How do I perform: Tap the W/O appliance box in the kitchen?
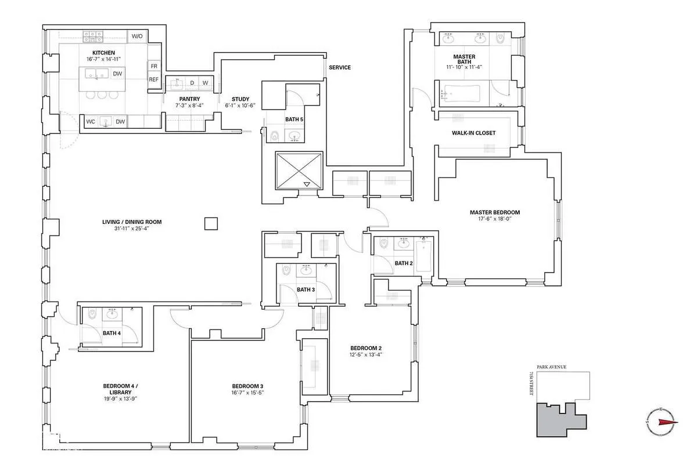point(137,36)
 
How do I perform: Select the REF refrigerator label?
point(154,79)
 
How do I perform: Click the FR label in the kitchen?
point(154,66)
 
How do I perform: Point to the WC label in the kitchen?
point(91,122)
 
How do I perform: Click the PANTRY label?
point(189,99)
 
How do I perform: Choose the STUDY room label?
point(240,99)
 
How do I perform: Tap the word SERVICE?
point(340,67)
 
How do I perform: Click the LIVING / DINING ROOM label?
point(132,222)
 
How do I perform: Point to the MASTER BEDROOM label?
point(494,212)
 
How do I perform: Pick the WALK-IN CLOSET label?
point(474,133)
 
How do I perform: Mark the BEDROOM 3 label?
point(247,386)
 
